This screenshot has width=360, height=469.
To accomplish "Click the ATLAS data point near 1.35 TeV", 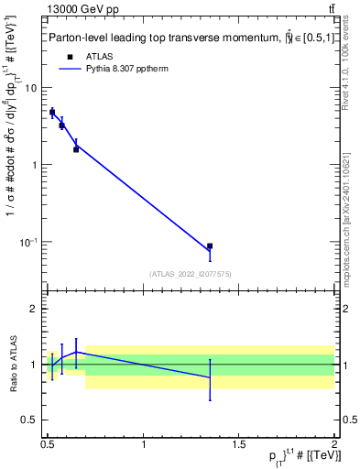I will pos(210,246).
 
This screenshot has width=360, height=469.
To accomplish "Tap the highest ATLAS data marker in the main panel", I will pos(52,112).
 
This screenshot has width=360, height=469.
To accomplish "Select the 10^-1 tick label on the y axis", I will pos(30,242).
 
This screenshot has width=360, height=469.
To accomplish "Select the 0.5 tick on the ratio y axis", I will pos(32,420).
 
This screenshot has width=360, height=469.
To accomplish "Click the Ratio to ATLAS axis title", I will pos(12,365).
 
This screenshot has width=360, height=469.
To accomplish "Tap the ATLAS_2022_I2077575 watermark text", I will pos(189,273).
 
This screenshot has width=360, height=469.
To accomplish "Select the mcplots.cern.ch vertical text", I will pos(345,211).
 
